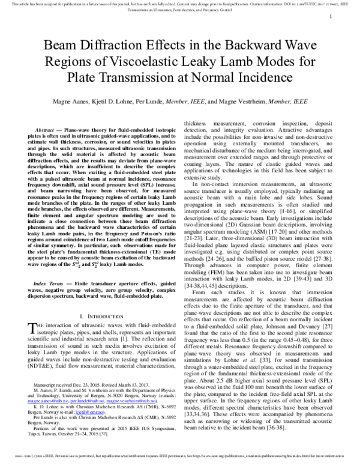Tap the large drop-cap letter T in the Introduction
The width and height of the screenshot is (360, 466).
(32, 327)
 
